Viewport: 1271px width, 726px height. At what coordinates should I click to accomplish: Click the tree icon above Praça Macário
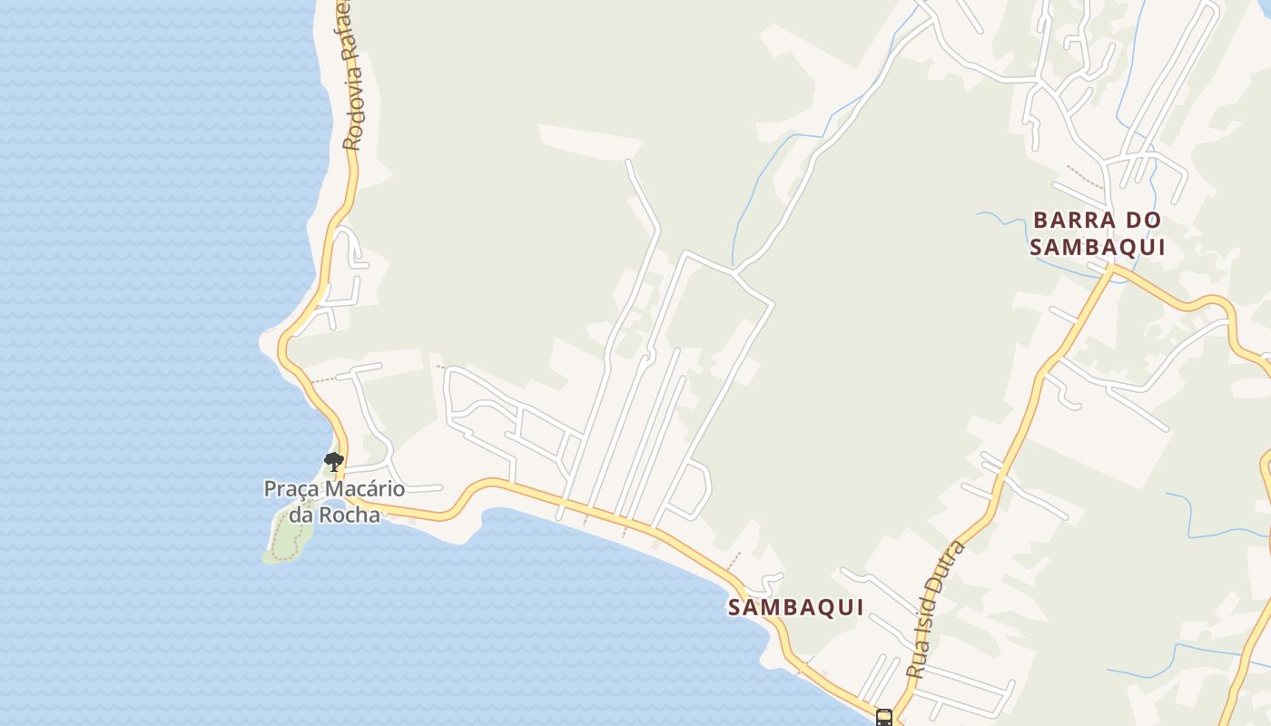click(x=333, y=461)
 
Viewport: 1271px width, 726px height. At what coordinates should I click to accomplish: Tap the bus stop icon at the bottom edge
click(x=884, y=718)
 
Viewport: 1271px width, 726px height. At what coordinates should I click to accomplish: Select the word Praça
click(x=293, y=489)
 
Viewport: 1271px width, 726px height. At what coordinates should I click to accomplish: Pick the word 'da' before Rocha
click(x=301, y=514)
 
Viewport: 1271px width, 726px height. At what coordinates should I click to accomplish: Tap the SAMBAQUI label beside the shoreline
click(x=795, y=608)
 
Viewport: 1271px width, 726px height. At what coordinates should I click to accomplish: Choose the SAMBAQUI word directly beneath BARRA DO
click(x=1098, y=247)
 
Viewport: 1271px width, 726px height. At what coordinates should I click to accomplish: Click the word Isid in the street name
click(x=933, y=613)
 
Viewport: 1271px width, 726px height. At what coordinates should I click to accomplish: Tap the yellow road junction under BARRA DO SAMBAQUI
click(x=1110, y=269)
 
